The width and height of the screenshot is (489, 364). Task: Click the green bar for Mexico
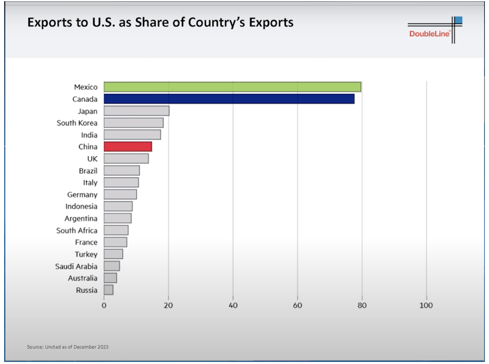coord(232,87)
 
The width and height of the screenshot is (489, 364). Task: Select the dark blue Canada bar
coord(229,99)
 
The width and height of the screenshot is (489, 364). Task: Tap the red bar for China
coord(128,147)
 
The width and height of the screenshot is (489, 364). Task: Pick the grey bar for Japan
coord(136,111)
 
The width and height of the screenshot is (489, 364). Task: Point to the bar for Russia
coord(108,290)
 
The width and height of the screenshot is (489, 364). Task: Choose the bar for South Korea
coord(134,123)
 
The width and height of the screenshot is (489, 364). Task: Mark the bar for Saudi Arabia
coord(112,266)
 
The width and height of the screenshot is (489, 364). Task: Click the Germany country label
coord(82,194)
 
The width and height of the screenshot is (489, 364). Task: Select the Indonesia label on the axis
coord(81,206)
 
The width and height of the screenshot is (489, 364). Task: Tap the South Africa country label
coord(77,230)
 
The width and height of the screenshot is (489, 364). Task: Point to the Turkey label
coord(86,254)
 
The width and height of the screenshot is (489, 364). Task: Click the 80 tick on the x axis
coord(362,306)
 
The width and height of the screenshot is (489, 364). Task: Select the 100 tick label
coord(426,306)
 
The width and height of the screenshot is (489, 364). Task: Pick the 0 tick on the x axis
coord(104,306)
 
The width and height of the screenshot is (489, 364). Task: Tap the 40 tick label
coord(233,306)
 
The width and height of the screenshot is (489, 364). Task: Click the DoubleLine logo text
coord(429,34)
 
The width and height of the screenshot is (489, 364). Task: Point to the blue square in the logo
coord(459,20)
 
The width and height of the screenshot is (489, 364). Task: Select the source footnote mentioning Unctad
coord(68,347)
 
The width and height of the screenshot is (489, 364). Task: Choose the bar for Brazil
coord(122,170)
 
